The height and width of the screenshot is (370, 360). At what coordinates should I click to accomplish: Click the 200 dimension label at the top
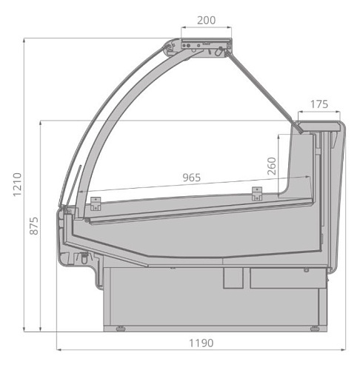click(x=206, y=20)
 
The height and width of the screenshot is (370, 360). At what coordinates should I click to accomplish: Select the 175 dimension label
click(x=319, y=104)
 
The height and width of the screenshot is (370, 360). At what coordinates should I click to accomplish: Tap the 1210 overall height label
click(x=17, y=184)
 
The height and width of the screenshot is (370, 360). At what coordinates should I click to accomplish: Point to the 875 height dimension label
click(x=34, y=226)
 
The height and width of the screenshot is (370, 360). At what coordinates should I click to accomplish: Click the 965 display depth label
click(x=192, y=178)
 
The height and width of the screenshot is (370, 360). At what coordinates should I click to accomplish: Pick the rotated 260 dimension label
click(x=272, y=166)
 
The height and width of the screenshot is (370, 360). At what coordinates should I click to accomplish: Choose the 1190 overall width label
click(x=201, y=343)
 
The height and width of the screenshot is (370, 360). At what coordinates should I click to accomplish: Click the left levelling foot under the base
click(x=121, y=329)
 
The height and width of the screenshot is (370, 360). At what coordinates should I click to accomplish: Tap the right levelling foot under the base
click(x=314, y=329)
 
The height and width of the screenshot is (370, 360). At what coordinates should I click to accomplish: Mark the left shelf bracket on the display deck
click(x=96, y=203)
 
